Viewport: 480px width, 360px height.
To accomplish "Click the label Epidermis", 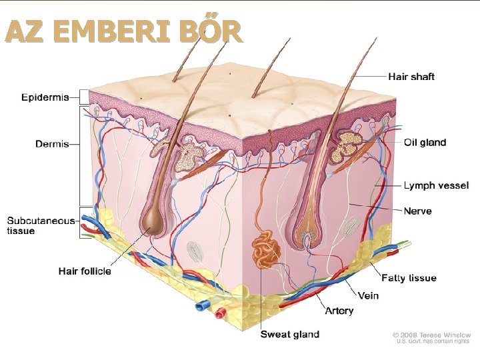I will point(45,98).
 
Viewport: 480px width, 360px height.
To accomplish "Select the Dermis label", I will point(52,144).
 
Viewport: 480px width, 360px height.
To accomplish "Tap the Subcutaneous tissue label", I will point(41,225).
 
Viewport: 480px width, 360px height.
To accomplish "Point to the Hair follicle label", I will point(85,271).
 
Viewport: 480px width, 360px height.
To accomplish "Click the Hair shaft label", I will point(412,77).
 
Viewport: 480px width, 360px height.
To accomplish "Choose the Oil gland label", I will point(425,142).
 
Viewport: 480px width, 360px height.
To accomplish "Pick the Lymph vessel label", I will point(436,185).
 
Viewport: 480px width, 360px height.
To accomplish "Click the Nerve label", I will point(417,211).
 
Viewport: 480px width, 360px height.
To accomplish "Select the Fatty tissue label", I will point(409,277).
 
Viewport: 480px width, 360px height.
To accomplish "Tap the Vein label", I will point(368,295).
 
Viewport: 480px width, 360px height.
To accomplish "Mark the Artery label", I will point(339,311).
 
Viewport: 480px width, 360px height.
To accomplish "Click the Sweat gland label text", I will point(289,334).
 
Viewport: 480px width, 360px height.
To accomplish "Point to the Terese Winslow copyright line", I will point(431,335).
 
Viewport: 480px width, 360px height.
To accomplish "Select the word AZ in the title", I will point(25,31).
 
